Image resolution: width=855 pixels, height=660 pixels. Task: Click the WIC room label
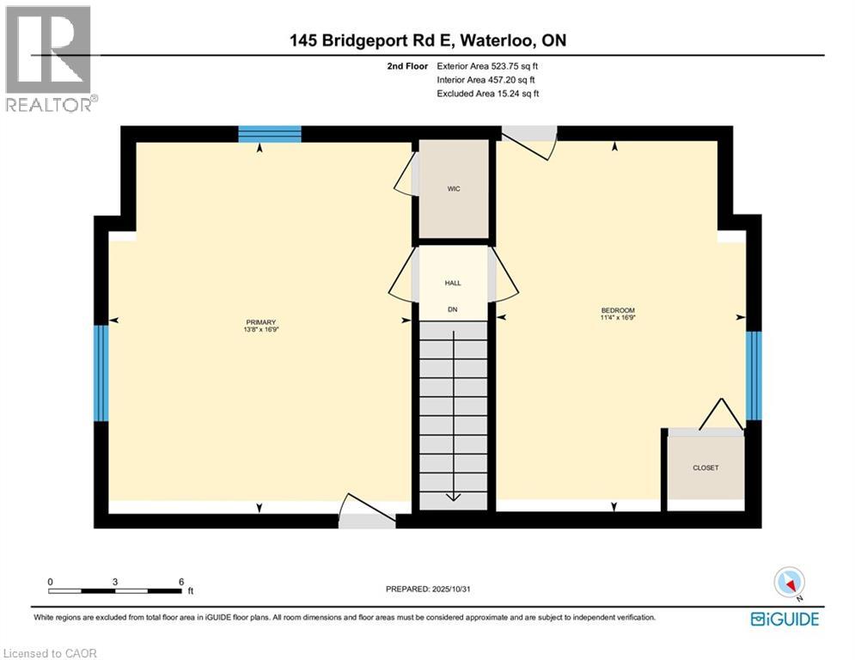tap(454, 189)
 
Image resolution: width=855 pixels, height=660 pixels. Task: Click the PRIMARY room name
tap(260, 321)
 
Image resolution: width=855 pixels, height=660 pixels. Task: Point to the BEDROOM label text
tap(617, 310)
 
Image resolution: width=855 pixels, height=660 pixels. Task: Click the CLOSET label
tap(705, 467)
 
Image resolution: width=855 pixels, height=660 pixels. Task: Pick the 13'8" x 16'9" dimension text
tap(260, 329)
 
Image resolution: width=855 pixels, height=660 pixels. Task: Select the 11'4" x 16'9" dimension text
tap(617, 318)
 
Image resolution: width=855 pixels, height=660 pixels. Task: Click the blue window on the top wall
tap(270, 134)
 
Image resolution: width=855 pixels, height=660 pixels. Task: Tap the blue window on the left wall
tap(101, 373)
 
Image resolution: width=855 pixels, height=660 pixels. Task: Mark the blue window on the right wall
tap(754, 376)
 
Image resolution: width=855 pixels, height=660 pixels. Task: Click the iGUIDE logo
tap(785, 619)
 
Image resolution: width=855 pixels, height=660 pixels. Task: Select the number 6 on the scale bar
tap(181, 582)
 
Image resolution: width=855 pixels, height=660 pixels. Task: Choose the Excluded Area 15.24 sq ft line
tap(488, 94)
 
